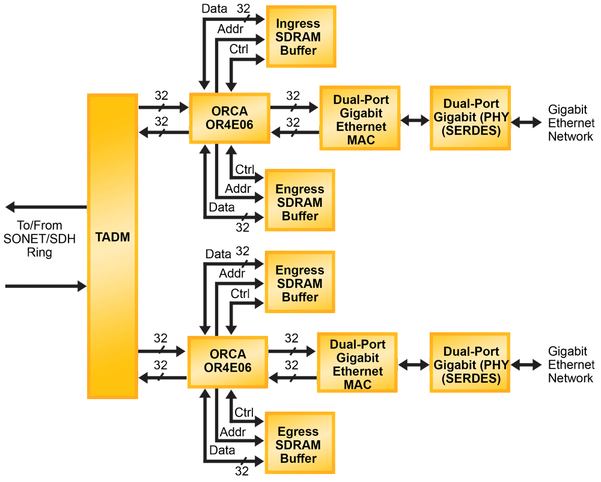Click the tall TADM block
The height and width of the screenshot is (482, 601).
(112, 245)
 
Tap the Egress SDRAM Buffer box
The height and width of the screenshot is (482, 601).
(298, 445)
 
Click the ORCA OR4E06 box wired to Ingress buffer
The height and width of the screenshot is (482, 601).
(229, 118)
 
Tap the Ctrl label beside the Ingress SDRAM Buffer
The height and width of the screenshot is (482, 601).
(239, 49)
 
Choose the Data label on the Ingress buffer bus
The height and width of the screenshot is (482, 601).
(214, 9)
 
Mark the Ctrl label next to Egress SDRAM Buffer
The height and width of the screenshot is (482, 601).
(244, 412)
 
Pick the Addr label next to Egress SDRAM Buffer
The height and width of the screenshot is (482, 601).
(231, 432)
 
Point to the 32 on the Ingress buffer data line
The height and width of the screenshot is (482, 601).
(243, 8)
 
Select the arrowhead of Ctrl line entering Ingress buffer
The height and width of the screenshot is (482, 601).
(260, 59)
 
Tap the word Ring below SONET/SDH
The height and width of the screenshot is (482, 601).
(40, 252)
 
